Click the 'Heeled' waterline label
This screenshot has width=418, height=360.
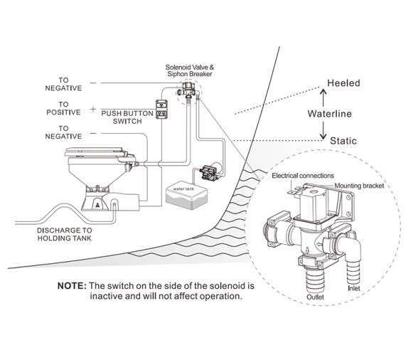click(343, 83)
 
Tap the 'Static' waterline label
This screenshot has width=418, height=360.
click(343, 141)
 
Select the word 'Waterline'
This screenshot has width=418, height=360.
click(330, 114)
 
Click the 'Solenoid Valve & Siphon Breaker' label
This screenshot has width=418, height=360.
click(190, 70)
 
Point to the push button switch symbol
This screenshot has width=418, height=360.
click(161, 109)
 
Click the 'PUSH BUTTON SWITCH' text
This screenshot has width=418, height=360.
click(127, 117)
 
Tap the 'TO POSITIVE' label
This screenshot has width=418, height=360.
click(63, 108)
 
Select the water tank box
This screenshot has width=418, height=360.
click(186, 196)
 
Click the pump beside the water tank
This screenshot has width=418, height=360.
click(210, 172)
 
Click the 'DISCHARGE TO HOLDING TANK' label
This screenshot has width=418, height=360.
click(65, 234)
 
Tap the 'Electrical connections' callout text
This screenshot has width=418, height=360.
click(303, 176)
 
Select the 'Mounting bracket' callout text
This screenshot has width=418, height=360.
click(359, 186)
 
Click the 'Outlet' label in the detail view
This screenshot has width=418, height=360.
click(315, 297)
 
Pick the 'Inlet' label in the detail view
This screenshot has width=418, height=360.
click(354, 288)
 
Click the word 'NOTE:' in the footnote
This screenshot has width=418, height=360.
click(72, 286)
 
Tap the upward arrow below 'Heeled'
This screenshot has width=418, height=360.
click(323, 98)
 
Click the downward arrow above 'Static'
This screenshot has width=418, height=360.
click(323, 130)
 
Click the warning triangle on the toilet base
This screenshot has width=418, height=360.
click(97, 205)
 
